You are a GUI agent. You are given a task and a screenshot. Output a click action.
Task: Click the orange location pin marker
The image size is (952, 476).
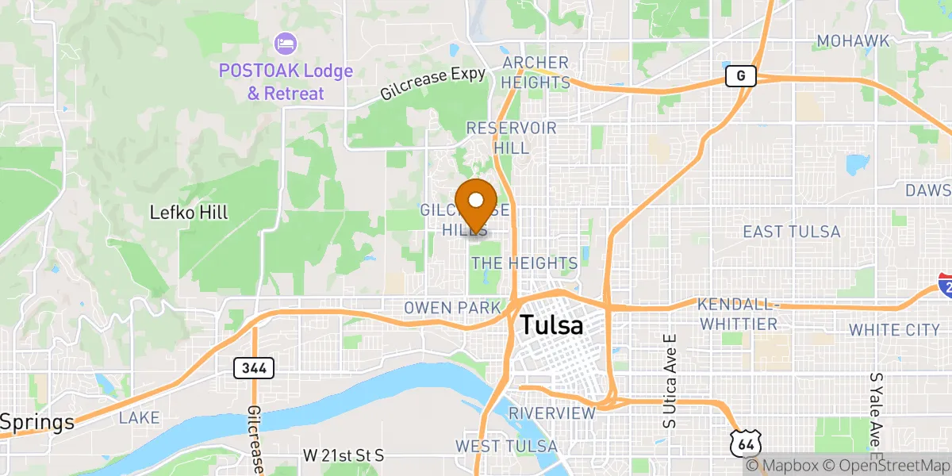[477, 203]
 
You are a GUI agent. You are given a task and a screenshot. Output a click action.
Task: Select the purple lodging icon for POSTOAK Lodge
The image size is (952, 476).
[285, 41]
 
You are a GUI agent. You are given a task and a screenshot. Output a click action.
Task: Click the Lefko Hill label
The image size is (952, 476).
[189, 213]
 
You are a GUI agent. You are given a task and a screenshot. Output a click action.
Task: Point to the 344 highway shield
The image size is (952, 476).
[254, 368]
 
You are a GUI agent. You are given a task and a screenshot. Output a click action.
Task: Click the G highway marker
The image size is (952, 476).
[740, 76]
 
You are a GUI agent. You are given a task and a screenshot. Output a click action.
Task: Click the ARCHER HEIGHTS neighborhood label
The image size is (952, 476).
[535, 72]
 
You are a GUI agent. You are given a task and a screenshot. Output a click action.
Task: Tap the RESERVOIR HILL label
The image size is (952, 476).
[512, 138]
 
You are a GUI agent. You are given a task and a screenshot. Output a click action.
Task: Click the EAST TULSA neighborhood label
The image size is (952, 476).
[791, 232]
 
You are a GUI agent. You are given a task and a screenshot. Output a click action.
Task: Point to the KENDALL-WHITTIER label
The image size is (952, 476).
[738, 314]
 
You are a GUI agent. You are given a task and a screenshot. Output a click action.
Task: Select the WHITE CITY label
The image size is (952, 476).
[894, 329]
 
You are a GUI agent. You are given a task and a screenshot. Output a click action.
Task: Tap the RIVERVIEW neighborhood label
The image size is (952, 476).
[552, 413]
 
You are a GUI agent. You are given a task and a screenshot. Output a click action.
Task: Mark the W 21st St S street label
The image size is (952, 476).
[344, 455]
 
